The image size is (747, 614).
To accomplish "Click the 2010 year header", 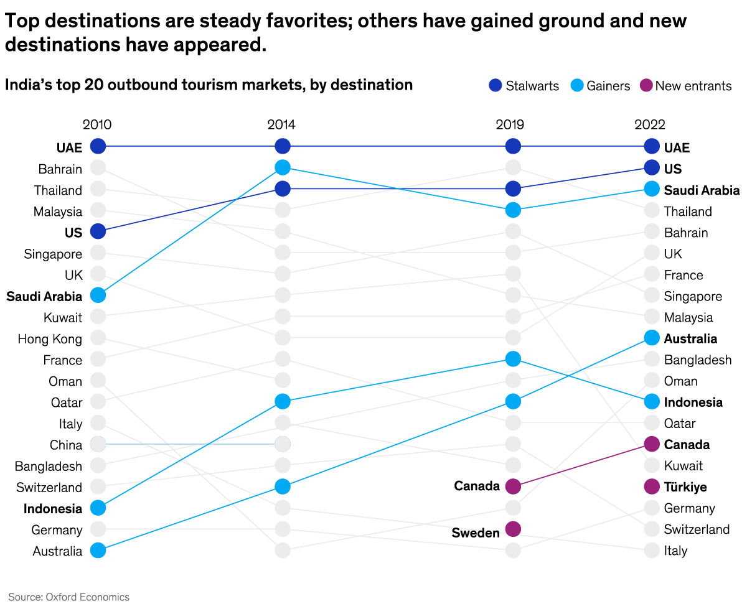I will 97,124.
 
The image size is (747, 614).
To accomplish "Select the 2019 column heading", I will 510,124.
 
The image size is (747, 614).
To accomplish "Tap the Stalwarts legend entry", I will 524,86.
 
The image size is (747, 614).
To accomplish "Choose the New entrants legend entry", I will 685,86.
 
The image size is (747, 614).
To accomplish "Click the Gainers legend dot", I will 578,86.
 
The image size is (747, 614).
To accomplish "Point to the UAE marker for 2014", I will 283,146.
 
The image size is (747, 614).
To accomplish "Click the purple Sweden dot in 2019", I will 513,529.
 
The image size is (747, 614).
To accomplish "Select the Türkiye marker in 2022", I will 652,486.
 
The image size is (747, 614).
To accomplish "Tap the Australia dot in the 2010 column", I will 98,551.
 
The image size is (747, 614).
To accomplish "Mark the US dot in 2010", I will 98,231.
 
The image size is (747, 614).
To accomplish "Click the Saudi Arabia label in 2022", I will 702,190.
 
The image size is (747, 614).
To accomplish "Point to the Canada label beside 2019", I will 477,486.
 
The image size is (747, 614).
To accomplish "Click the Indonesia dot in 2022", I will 652,401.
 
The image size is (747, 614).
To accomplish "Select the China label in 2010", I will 66,445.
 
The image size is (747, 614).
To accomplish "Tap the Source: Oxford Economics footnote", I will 69,597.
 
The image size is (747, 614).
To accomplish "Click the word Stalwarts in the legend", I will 532,86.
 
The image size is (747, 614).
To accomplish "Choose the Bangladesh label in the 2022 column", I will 698,360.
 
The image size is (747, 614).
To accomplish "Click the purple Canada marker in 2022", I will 652,444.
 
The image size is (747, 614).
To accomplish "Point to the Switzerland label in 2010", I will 49,487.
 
